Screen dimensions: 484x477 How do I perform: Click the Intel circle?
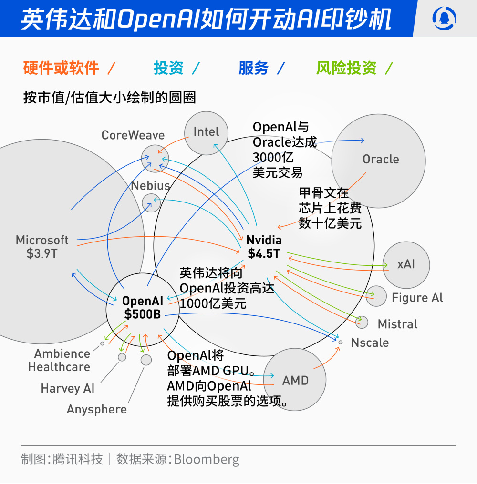pyautogui.click(x=206, y=133)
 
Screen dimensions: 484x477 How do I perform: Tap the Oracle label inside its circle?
pyautogui.click(x=380, y=159)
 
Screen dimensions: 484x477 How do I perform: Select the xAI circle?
pyautogui.click(x=406, y=264)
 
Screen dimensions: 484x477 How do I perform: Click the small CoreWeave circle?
pyautogui.click(x=155, y=159)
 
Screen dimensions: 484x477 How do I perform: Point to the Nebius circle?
pyautogui.click(x=151, y=202)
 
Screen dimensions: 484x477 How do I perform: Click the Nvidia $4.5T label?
pyautogui.click(x=264, y=247)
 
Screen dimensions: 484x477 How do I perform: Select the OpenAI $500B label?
pyautogui.click(x=142, y=307)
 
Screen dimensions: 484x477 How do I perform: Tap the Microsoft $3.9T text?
pyautogui.click(x=42, y=246)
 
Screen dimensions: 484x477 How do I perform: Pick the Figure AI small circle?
pyautogui.click(x=376, y=296)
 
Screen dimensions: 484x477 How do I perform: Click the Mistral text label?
pyautogui.click(x=397, y=324)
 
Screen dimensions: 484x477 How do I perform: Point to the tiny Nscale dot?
pyautogui.click(x=340, y=342)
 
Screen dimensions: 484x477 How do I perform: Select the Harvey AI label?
pyautogui.click(x=67, y=388)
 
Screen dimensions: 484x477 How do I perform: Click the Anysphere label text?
pyautogui.click(x=96, y=409)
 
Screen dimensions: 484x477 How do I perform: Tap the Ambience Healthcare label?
pyautogui.click(x=59, y=360)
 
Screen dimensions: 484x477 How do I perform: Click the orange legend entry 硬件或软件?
pyautogui.click(x=61, y=68)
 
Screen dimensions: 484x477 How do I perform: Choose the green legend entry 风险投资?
pyautogui.click(x=346, y=68)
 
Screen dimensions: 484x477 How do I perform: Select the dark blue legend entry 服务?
pyautogui.click(x=253, y=68)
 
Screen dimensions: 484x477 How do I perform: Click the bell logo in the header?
pyautogui.click(x=444, y=18)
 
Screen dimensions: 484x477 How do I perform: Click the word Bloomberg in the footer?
pyautogui.click(x=207, y=459)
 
